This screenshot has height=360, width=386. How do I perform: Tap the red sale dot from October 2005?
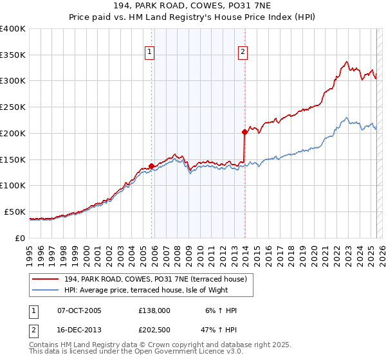152,166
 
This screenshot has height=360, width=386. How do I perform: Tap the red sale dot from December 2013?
244,132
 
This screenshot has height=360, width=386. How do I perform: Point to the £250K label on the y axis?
13,107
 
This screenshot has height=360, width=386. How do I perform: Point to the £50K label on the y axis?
15,212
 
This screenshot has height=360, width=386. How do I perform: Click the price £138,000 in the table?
154,310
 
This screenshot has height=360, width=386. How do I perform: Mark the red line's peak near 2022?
346,62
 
